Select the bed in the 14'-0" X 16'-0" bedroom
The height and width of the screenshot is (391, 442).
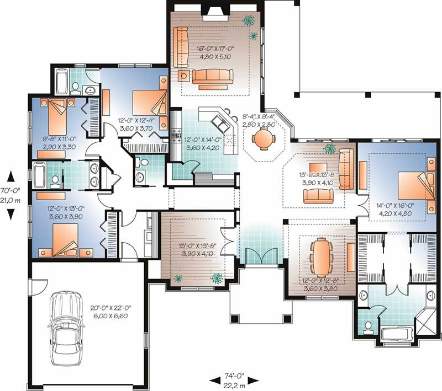point(415,182)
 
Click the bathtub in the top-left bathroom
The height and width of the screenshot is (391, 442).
point(61,81)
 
